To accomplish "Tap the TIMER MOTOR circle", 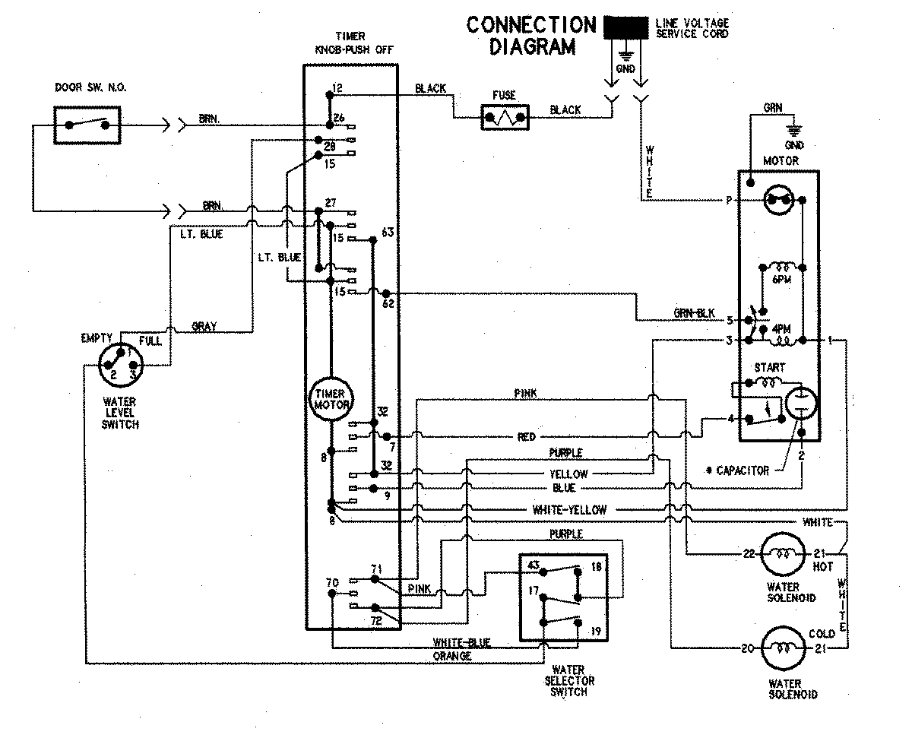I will (330, 400).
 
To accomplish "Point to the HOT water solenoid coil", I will (782, 553).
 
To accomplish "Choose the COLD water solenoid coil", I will (782, 648).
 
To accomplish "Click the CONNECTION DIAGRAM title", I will (531, 36).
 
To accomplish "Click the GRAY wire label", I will (204, 327).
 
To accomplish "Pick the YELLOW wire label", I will (568, 474).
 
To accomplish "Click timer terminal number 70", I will (332, 582).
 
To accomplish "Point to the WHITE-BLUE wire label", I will (461, 642).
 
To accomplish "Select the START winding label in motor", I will (768, 367).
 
